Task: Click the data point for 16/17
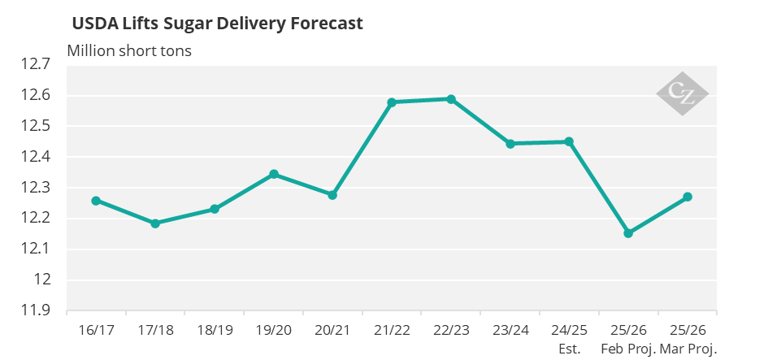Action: point(96,201)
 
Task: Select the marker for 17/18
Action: point(155,223)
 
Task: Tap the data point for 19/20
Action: point(274,174)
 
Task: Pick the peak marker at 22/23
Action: point(451,99)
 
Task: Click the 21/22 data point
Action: point(392,102)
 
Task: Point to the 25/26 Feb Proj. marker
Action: point(628,233)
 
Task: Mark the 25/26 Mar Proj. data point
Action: point(688,197)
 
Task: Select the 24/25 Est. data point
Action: point(569,141)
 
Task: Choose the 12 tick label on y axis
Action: point(42,280)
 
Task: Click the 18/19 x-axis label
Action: point(215,331)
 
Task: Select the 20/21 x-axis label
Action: point(332,331)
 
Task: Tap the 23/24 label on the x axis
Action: point(510,331)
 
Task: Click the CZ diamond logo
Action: point(683,94)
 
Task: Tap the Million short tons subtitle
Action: point(129,50)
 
